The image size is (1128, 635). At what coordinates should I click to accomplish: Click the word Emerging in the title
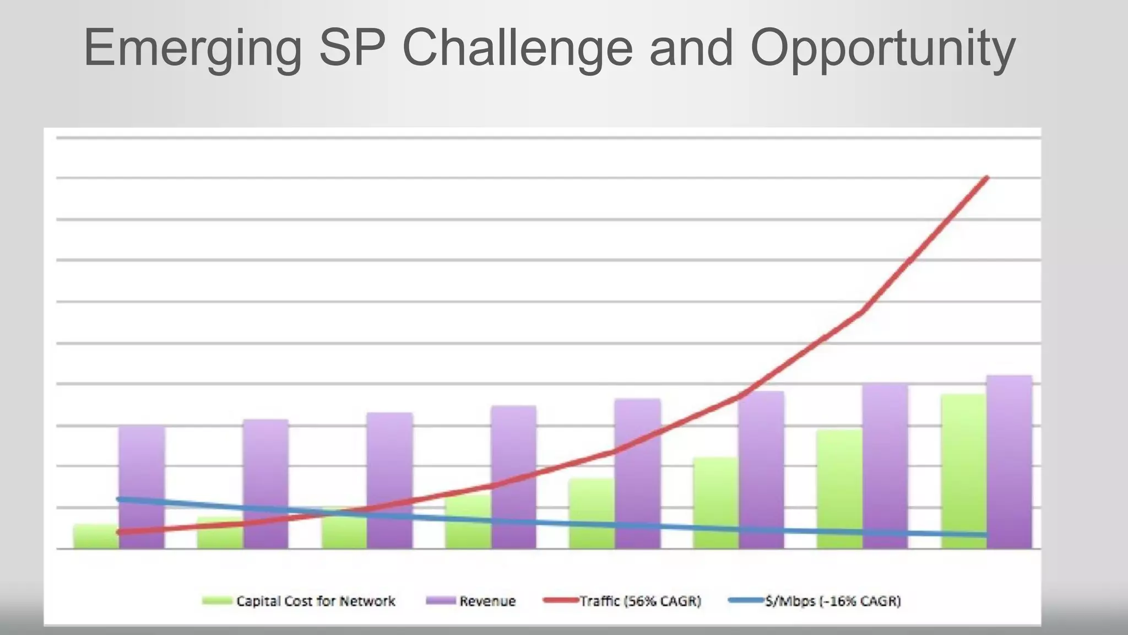193,49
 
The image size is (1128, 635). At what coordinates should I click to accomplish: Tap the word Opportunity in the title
882,49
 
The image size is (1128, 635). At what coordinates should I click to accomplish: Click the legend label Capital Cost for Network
316,601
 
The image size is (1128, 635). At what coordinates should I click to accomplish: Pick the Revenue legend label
487,601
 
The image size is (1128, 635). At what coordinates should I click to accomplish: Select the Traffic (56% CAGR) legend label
640,601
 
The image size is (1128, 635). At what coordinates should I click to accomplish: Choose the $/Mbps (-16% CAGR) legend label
833,601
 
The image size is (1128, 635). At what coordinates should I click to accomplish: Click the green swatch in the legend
217,600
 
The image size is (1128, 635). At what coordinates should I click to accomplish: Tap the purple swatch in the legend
441,600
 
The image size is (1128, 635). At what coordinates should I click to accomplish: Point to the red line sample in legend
560,600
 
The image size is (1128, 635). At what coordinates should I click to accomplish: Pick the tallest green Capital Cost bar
963,471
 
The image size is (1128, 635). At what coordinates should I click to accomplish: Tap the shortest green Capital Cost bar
95,536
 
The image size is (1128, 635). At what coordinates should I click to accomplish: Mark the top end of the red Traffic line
986,178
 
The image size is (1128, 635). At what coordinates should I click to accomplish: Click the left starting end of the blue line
119,499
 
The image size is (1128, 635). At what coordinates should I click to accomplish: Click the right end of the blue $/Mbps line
985,535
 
